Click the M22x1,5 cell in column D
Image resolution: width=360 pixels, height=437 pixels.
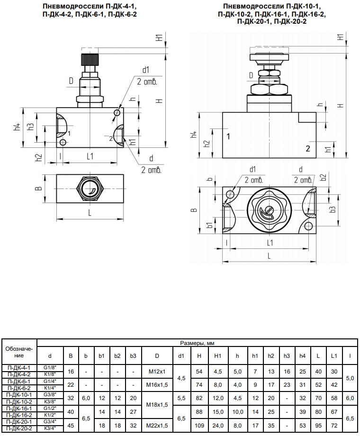[x=157, y=426]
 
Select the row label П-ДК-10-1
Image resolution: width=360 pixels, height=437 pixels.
[x=19, y=395]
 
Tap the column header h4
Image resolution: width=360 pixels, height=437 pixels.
[x=302, y=355]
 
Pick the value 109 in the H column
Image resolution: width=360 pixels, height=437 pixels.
[x=199, y=426]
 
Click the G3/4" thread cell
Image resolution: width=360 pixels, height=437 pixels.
[x=50, y=422]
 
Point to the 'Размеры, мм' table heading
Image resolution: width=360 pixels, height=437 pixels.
[x=197, y=343]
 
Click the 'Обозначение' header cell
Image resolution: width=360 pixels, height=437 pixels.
[x=19, y=352]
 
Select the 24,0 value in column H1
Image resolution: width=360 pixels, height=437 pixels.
[x=218, y=426]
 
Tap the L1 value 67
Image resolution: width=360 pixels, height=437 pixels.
[x=334, y=411]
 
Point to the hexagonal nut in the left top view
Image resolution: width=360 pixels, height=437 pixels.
[x=90, y=189]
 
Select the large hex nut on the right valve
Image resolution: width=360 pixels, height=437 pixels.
[x=269, y=89]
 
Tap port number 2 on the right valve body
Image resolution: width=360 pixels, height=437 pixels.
[x=307, y=148]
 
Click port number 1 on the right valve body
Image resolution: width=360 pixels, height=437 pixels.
[x=228, y=137]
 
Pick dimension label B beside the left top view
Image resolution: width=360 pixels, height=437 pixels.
[x=39, y=189]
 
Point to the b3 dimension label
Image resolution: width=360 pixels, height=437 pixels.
[x=333, y=209]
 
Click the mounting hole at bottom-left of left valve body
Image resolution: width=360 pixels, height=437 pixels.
[x=63, y=143]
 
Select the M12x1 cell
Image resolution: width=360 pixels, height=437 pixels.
[x=157, y=372]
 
